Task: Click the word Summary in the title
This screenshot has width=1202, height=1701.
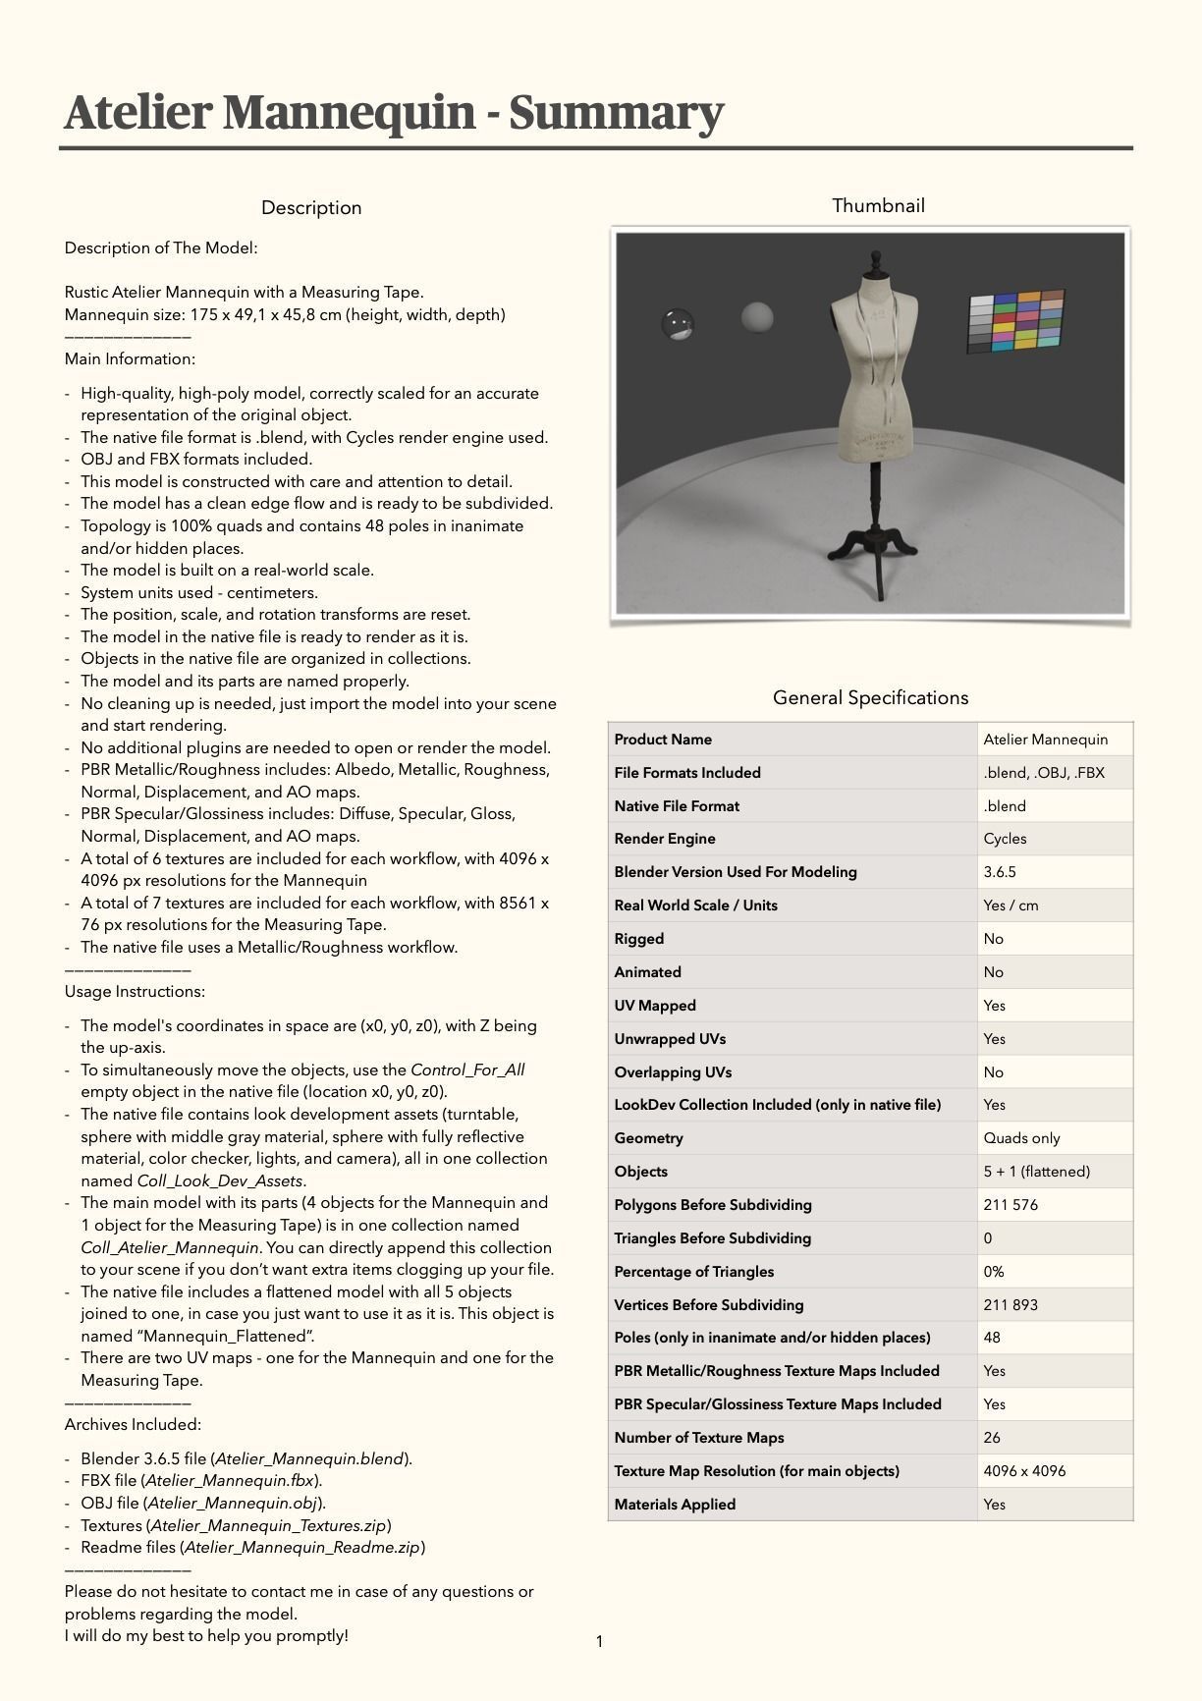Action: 616,112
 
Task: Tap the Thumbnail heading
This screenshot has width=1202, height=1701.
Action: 878,205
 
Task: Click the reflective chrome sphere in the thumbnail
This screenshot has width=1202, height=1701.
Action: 678,323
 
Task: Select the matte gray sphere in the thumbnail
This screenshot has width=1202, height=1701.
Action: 757,317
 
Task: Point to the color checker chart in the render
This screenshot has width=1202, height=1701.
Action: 1015,320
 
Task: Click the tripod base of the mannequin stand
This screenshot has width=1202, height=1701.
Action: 877,544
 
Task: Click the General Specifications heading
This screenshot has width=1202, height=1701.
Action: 870,697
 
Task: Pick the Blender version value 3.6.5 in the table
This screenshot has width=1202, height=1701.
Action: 999,872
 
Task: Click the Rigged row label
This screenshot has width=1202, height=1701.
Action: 639,939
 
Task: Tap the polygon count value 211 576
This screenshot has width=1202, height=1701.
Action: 1011,1205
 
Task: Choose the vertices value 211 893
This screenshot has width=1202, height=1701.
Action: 1011,1305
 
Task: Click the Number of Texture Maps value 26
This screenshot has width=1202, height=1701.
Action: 992,1438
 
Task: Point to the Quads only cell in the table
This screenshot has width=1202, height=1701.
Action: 1021,1138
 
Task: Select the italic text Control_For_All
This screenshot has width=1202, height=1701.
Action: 467,1070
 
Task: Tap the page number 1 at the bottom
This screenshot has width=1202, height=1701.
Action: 599,1641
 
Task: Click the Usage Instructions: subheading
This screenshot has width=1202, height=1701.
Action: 135,991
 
